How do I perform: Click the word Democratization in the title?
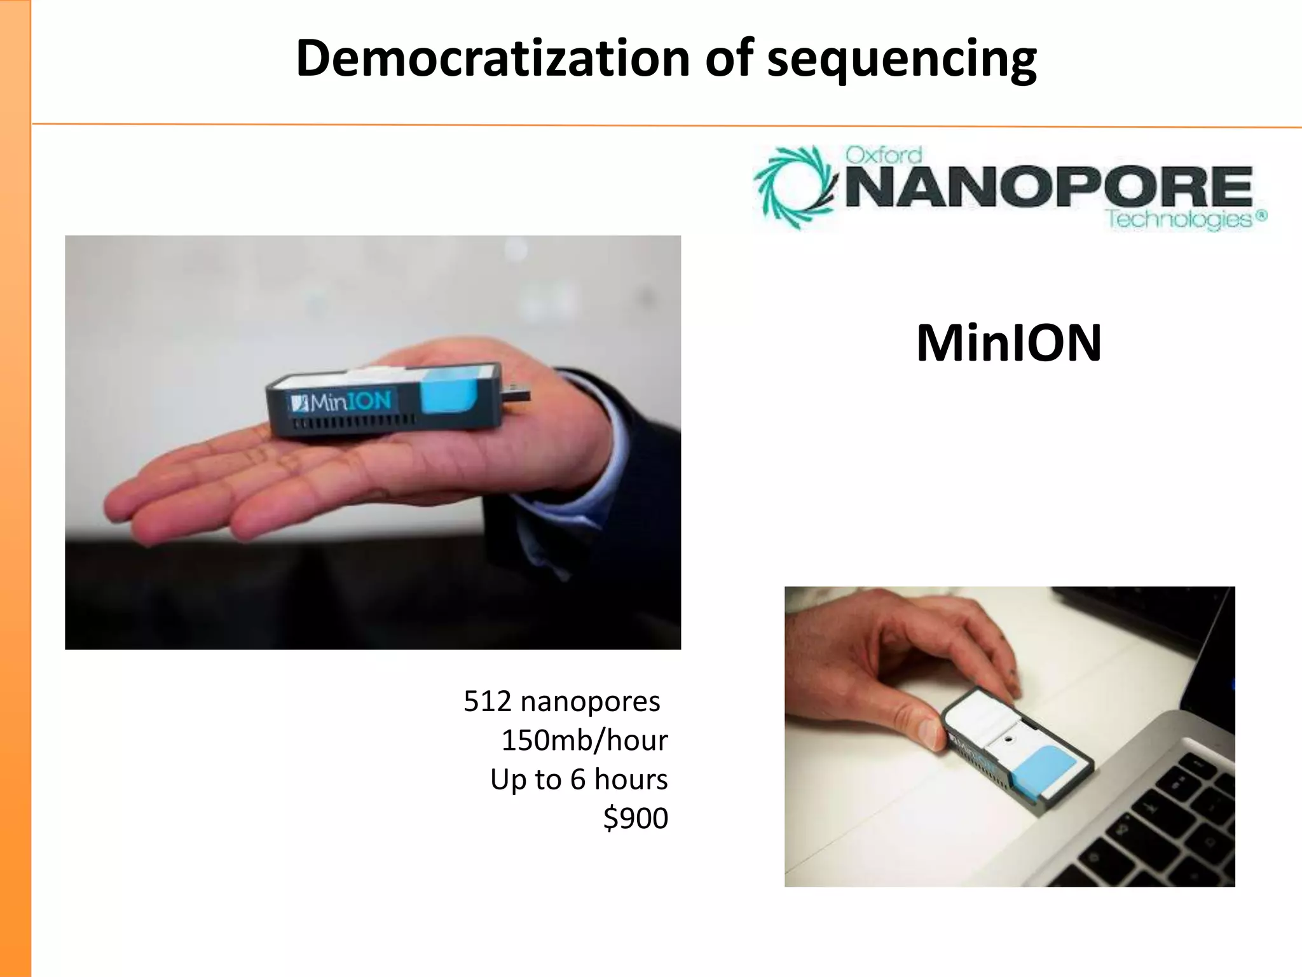coord(493,59)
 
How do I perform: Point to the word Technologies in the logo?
coord(1179,219)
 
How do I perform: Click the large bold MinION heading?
coord(1009,343)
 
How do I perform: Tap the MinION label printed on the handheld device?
coord(343,402)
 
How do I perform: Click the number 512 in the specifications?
coord(487,702)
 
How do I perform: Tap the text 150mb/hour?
coord(584,740)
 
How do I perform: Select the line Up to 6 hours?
coord(579,779)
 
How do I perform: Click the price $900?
coord(635,818)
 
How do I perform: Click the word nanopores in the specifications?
coord(590,702)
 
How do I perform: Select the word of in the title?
coord(729,59)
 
